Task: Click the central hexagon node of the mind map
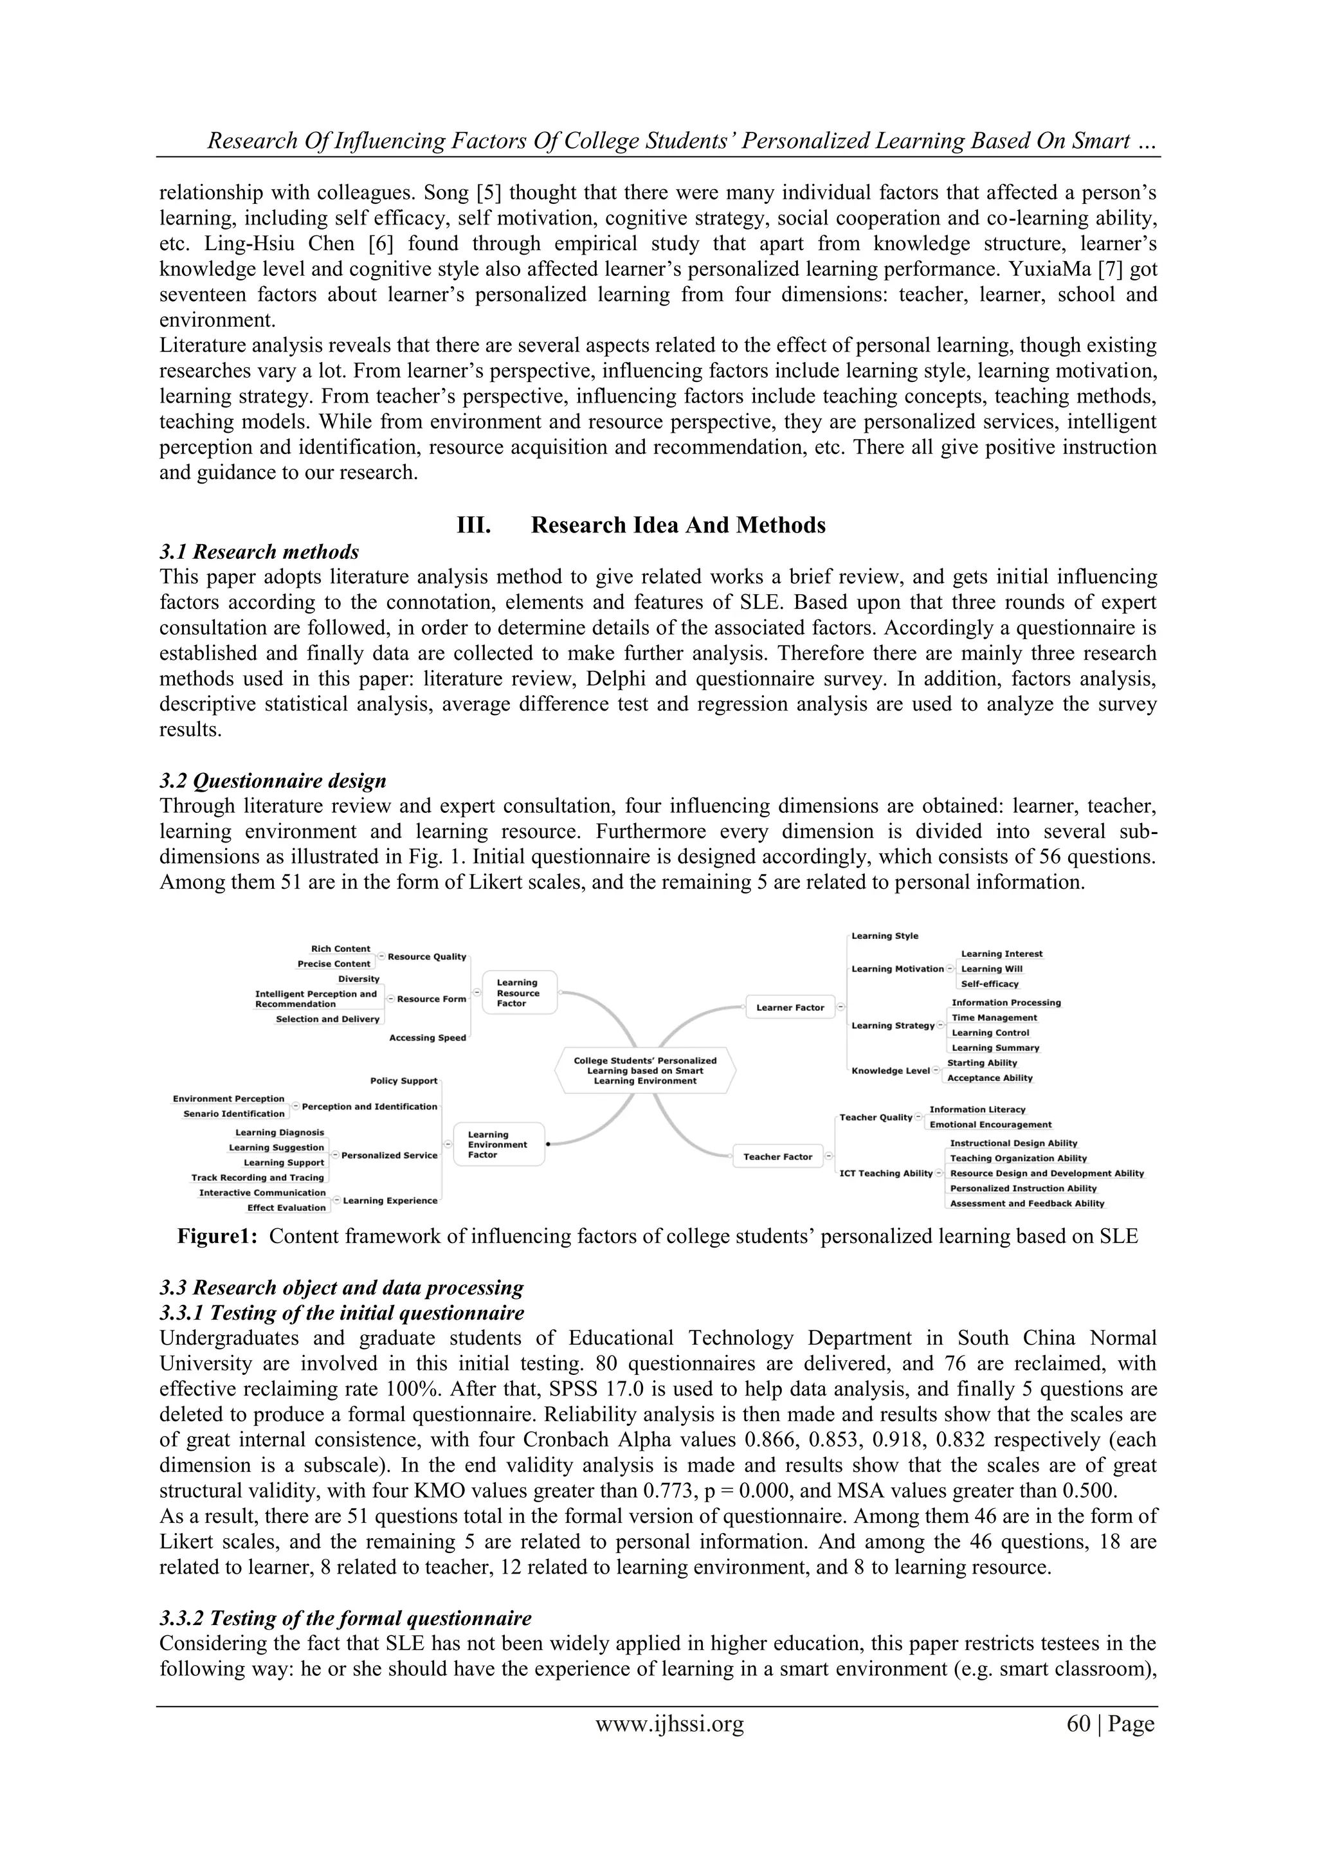pos(645,1070)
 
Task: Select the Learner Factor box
pos(790,1007)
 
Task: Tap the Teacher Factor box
pos(777,1156)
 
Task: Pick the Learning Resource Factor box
pos(520,992)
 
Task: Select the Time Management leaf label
pos(994,1017)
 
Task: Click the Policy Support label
pos(403,1081)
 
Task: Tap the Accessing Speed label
pos(427,1038)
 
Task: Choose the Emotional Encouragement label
pos(990,1125)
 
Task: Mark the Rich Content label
pos(340,949)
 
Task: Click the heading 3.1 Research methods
pos(259,552)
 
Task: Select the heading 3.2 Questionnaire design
pos(273,781)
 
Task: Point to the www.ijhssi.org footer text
pos(669,1723)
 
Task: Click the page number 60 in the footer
pos(1078,1723)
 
